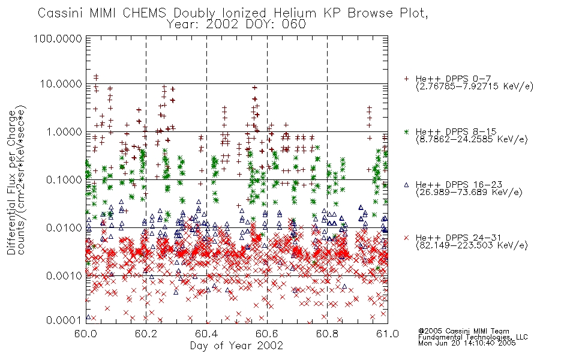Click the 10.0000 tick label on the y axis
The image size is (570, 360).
pyautogui.click(x=61, y=84)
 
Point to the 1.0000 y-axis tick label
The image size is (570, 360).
pyautogui.click(x=64, y=132)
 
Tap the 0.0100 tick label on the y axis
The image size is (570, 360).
pyautogui.click(x=64, y=228)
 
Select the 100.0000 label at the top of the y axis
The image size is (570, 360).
pyautogui.click(x=58, y=38)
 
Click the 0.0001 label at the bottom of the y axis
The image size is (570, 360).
pyautogui.click(x=64, y=320)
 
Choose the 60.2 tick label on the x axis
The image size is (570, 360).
pyautogui.click(x=146, y=334)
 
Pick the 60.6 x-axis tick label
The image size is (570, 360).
pyautogui.click(x=267, y=334)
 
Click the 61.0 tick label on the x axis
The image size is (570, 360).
pyautogui.click(x=388, y=334)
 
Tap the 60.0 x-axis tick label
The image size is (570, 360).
pyautogui.click(x=85, y=334)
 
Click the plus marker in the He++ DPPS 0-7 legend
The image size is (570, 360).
pyautogui.click(x=406, y=79)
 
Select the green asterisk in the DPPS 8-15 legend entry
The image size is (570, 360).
pyautogui.click(x=406, y=131)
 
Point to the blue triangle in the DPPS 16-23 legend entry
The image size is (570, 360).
pyautogui.click(x=406, y=185)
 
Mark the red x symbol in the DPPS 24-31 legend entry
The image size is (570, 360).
pyautogui.click(x=406, y=238)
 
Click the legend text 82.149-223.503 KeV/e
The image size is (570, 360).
pyautogui.click(x=472, y=245)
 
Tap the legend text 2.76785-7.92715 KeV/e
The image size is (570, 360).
pyautogui.click(x=475, y=86)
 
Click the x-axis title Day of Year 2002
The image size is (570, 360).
pyautogui.click(x=236, y=346)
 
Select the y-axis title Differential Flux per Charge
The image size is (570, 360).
pyautogui.click(x=12, y=182)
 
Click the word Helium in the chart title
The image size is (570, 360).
pyautogui.click(x=295, y=13)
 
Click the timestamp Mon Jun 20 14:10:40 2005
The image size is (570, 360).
pyautogui.click(x=467, y=343)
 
